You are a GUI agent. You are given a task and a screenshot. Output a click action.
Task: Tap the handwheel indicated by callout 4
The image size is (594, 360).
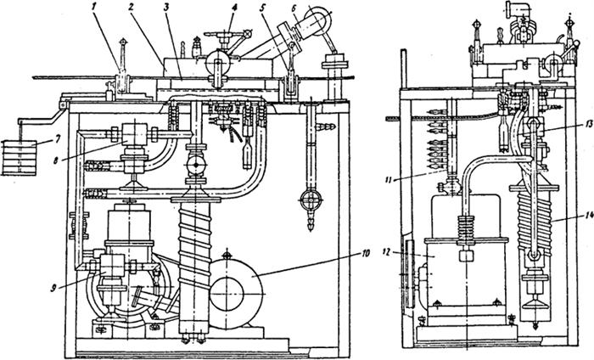(x=226, y=37)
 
